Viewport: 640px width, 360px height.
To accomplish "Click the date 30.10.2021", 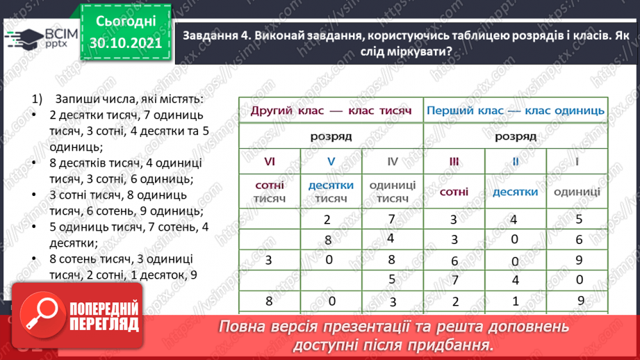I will [x=125, y=42].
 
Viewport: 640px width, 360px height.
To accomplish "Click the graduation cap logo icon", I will [x=20, y=38].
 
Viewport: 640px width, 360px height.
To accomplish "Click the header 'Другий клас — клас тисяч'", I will [x=331, y=111].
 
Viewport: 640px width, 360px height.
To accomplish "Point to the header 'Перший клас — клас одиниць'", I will [x=515, y=111].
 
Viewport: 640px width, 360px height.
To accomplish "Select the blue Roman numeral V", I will [x=331, y=161].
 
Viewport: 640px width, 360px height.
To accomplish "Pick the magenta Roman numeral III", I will [x=454, y=161].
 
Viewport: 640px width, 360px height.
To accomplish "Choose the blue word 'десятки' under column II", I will [x=515, y=192].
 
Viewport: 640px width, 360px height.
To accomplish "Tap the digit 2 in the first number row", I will [x=327, y=220].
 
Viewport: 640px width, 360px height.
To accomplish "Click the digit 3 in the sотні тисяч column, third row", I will [x=269, y=261].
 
